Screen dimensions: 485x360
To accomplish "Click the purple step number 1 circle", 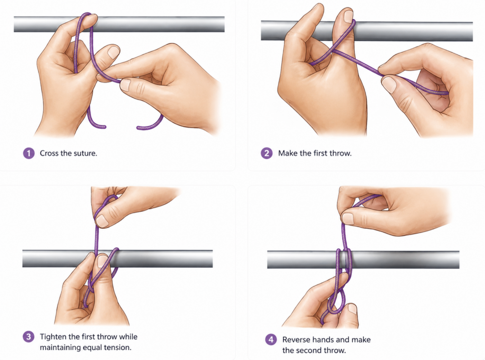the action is [x=29, y=153].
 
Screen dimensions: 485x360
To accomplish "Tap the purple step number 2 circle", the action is [x=267, y=153].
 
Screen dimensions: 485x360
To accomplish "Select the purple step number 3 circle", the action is [x=29, y=336].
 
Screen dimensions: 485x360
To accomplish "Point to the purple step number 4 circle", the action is [x=271, y=340].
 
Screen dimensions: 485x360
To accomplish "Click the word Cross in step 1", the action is [x=49, y=153].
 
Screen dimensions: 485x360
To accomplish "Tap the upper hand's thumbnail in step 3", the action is [x=102, y=221].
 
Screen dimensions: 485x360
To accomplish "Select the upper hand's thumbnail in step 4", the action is [x=348, y=218].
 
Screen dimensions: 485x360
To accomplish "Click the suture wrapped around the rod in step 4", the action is [x=344, y=260].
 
